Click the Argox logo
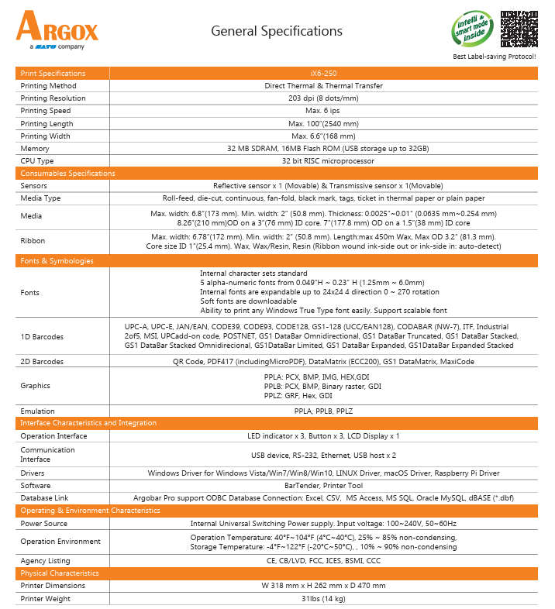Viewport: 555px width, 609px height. tap(57, 30)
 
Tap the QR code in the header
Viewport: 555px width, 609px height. tap(519, 30)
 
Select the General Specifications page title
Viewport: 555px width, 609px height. tap(277, 31)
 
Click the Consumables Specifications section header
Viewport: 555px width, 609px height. tap(68, 174)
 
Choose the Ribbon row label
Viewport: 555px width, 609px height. tap(33, 241)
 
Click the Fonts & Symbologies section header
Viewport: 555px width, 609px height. tap(57, 261)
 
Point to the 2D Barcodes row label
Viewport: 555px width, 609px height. tap(42, 361)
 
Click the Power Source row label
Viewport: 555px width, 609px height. tap(44, 524)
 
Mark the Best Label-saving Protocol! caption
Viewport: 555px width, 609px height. tap(494, 57)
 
